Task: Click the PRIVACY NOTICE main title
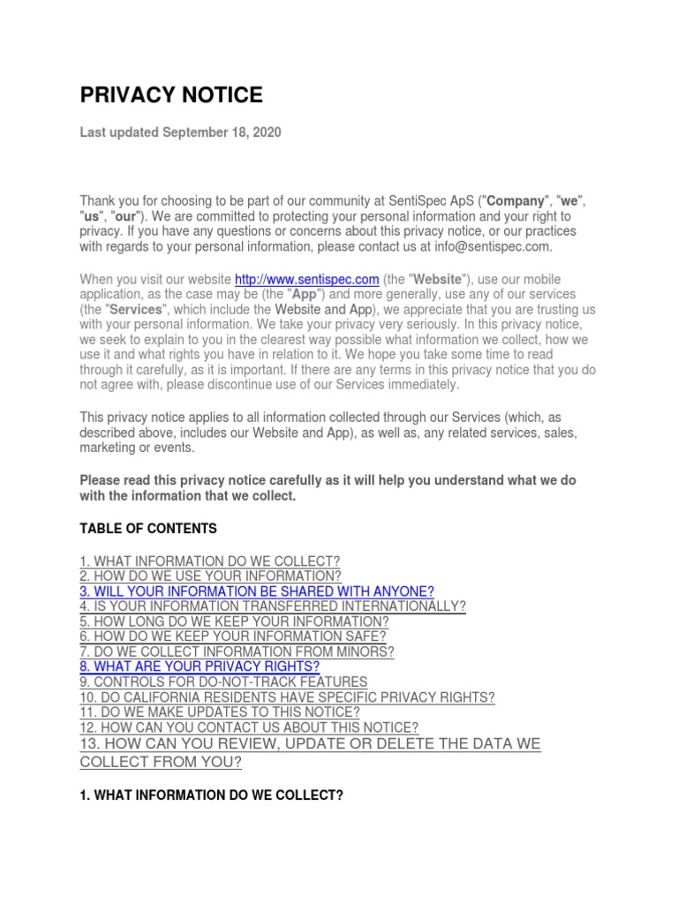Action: (x=171, y=95)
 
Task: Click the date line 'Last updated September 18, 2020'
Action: (x=180, y=132)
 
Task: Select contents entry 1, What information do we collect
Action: (x=210, y=561)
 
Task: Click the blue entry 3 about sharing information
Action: (x=257, y=591)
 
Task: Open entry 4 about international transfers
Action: (x=273, y=606)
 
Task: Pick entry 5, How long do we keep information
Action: (x=234, y=621)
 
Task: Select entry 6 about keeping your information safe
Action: (x=233, y=637)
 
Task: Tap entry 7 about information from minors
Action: (x=237, y=652)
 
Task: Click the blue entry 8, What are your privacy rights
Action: (x=200, y=667)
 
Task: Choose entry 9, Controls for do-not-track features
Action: (x=223, y=682)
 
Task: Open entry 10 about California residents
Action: (x=287, y=697)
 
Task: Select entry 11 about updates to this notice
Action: (x=220, y=712)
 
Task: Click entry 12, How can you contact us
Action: (x=249, y=727)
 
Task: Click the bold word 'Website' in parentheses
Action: (x=433, y=280)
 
